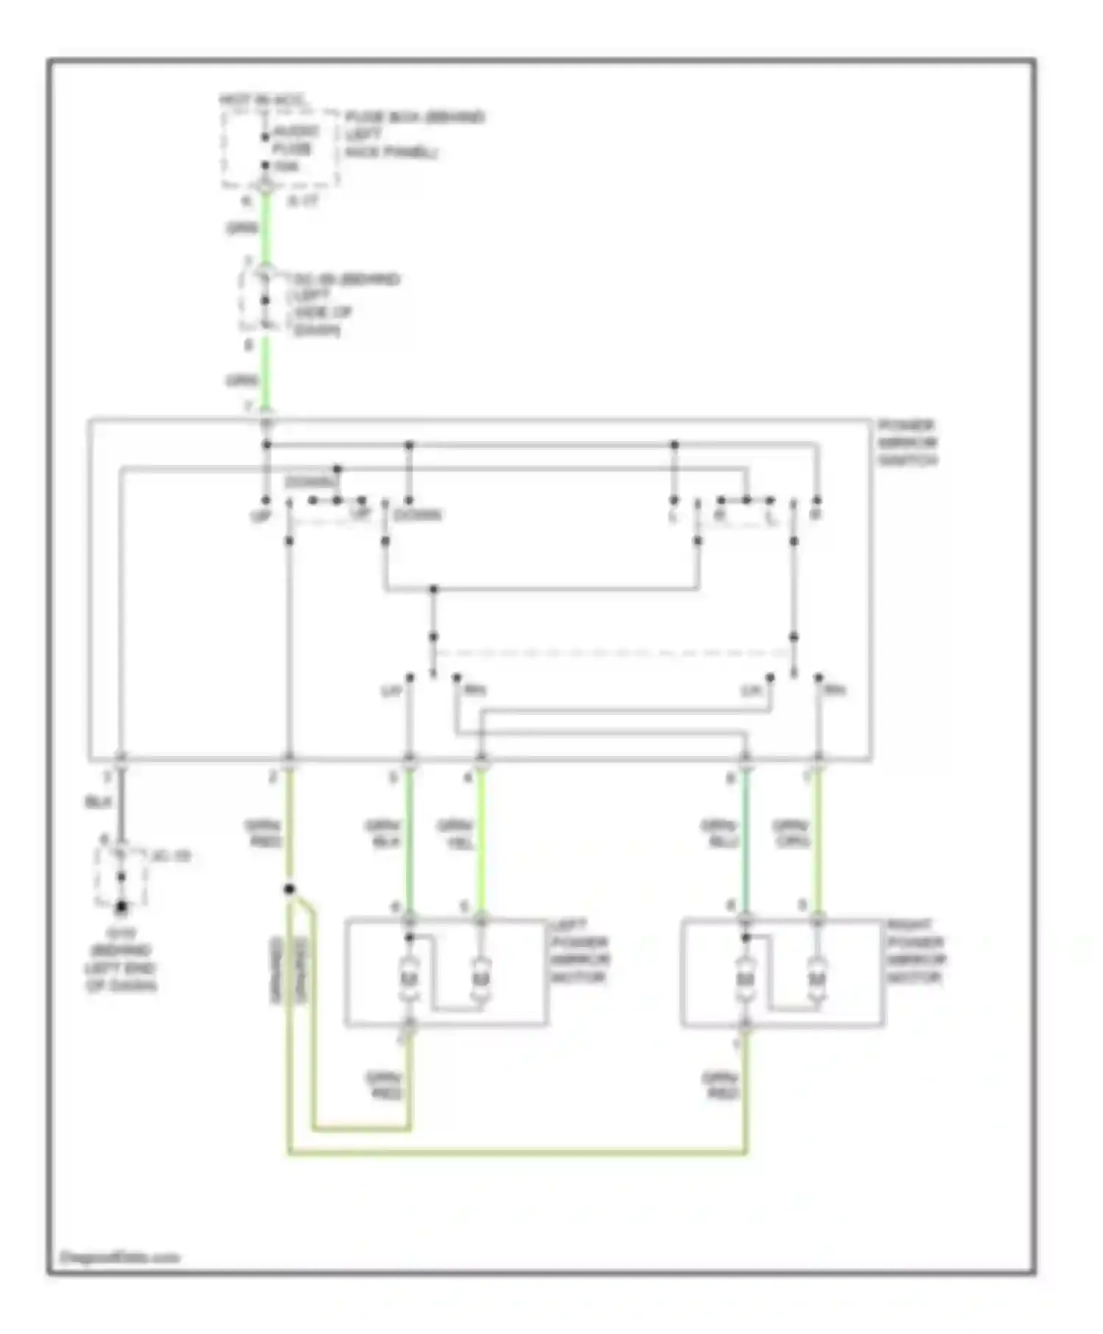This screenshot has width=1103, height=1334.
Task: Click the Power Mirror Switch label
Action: tap(907, 443)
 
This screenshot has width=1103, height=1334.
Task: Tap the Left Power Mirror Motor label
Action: tap(579, 952)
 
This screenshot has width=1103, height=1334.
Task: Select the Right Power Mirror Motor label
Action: tap(915, 952)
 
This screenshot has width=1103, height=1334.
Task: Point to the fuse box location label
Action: tap(414, 135)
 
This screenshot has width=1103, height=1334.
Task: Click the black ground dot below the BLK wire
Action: tap(121, 908)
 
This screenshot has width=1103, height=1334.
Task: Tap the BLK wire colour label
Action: tap(98, 803)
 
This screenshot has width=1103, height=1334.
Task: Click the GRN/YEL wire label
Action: tap(456, 835)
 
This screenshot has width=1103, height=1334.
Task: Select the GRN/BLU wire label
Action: tap(719, 835)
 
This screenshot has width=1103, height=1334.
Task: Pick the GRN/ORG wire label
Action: tap(791, 835)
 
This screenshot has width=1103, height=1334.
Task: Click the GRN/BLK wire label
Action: tap(383, 835)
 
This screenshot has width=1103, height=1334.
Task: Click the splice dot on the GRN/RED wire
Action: tap(290, 889)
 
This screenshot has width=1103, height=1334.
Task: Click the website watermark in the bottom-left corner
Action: tap(119, 1258)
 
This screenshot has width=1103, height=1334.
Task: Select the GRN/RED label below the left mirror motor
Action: tap(385, 1085)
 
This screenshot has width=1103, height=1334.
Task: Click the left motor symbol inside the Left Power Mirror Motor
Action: tap(409, 979)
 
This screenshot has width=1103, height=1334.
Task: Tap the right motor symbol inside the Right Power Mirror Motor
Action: tap(816, 979)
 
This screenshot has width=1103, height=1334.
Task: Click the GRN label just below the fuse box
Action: tap(242, 229)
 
